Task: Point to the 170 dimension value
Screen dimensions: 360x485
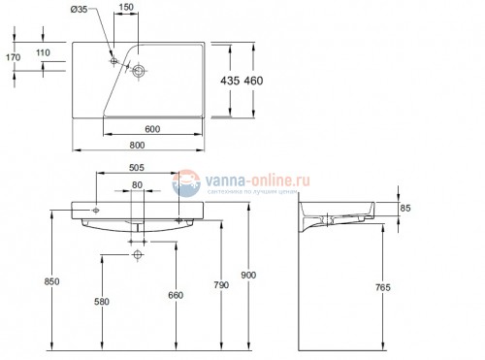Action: pyautogui.click(x=13, y=57)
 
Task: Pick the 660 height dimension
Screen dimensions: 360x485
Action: pyautogui.click(x=175, y=296)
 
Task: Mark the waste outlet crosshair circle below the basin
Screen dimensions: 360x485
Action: pyautogui.click(x=137, y=255)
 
